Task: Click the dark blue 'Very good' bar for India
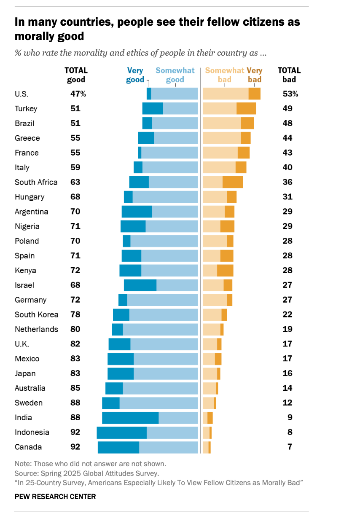coord(130,418)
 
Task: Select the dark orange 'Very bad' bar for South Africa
coord(233,182)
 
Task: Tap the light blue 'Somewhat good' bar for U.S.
coord(174,94)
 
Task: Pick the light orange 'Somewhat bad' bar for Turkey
coord(219,109)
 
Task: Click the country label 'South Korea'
coord(36,315)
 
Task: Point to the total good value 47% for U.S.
coord(78,94)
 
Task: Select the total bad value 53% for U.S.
coord(290,94)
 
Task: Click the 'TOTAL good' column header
coord(76,75)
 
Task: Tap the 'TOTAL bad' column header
coord(289,75)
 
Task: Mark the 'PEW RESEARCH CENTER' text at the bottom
coord(55,497)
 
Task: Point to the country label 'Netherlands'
coord(36,329)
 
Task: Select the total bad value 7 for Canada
coord(290,447)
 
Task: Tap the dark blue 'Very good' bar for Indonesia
coord(121,432)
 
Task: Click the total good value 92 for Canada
coord(75,447)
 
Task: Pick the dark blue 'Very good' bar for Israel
coord(140,285)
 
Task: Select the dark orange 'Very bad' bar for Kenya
coord(225,271)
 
